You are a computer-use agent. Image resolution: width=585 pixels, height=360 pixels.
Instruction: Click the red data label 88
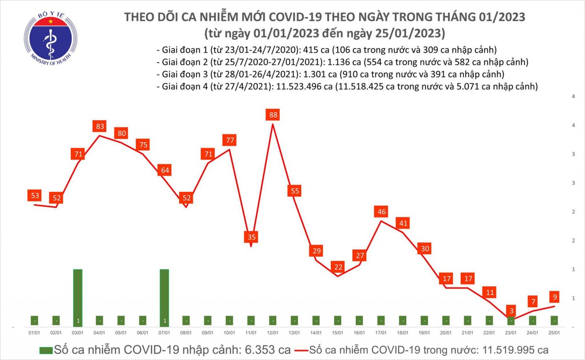tap(273, 115)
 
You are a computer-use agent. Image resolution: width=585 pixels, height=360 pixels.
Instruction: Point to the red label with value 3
tap(512, 311)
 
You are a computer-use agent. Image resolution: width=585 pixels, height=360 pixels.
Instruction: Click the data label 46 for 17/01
tap(381, 212)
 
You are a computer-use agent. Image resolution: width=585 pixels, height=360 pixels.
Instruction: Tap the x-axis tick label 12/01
tap(273, 334)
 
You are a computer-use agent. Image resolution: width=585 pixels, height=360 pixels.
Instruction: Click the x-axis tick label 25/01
tap(554, 334)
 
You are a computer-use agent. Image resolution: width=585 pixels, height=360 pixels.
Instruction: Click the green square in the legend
tap(45, 350)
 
